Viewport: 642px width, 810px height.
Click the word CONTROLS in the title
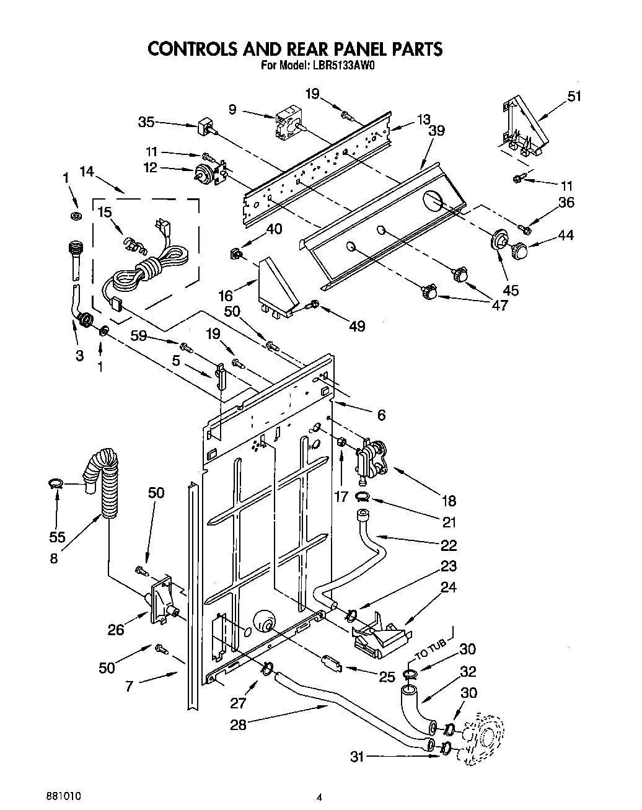[197, 48]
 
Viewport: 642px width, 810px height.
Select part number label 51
[574, 96]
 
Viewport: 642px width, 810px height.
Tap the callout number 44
[565, 235]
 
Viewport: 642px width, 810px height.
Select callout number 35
[147, 122]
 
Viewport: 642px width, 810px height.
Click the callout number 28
[238, 724]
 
